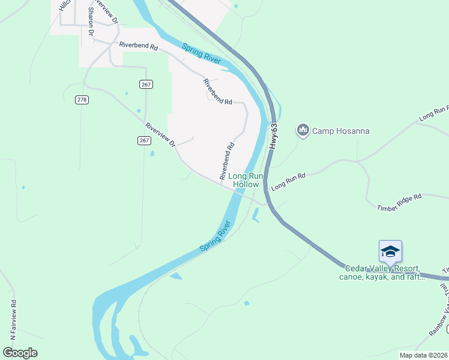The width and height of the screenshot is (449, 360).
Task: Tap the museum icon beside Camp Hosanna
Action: tap(303, 130)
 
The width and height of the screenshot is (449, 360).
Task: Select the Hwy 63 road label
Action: tap(274, 136)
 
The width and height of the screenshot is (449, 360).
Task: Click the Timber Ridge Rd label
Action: tap(400, 202)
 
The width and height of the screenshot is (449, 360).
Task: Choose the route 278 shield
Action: tap(82, 100)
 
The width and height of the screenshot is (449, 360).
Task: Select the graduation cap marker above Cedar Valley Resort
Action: tap(390, 251)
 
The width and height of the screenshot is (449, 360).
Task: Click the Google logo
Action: tap(20, 353)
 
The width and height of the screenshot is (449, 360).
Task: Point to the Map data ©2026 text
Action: tap(423, 355)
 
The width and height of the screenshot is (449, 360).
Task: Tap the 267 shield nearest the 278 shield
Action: tap(145, 85)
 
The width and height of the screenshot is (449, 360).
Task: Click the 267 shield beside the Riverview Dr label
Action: tap(143, 140)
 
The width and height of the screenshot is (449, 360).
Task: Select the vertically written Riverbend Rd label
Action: tap(227, 161)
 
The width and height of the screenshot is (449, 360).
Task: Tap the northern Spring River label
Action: tap(202, 53)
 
